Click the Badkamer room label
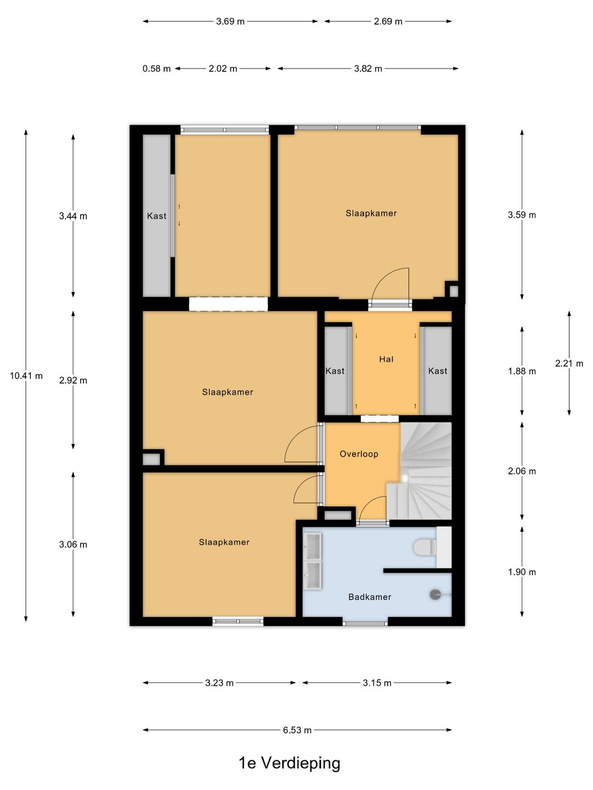370,597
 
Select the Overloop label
359,454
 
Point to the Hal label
386,359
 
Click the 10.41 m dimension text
26,376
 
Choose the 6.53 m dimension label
297,730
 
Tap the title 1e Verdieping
289,763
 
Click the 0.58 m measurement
156,69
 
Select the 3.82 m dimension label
368,69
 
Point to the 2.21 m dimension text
569,363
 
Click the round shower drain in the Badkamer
435,595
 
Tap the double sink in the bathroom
312,561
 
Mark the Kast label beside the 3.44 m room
156,216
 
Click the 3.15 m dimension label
377,683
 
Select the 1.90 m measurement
522,572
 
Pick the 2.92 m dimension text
73,380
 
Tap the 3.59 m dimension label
522,215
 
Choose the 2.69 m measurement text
388,21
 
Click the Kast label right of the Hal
438,371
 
